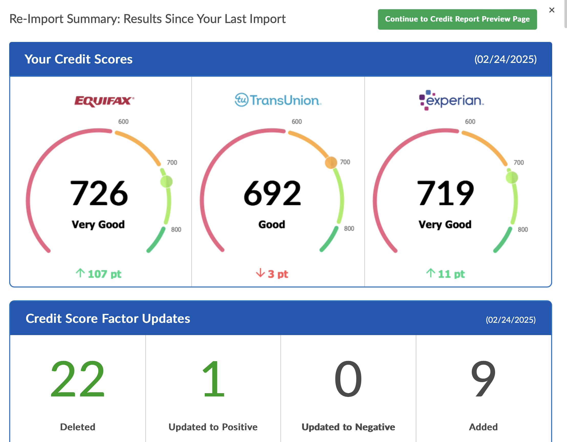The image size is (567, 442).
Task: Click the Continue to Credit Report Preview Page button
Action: pos(457,19)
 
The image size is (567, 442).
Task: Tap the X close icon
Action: pos(552,10)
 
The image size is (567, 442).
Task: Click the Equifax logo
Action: pos(104,101)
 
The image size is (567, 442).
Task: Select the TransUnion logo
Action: pos(278,100)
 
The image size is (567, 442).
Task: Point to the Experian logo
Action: pos(451,101)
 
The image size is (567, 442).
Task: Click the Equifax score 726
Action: pos(99,193)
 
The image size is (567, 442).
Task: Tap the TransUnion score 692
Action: pos(272,193)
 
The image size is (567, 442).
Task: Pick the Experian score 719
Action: pos(445,193)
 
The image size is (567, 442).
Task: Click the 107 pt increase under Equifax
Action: pos(99,274)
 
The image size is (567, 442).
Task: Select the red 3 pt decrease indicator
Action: pos(272,274)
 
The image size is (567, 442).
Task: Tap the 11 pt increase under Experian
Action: pos(445,274)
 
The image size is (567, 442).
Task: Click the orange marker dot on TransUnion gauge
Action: pos(331,163)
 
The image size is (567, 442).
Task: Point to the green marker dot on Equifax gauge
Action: pos(166,181)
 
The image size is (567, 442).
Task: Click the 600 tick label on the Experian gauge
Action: pos(470,121)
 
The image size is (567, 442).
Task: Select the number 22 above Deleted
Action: pos(78,379)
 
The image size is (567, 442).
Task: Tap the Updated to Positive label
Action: pos(213,427)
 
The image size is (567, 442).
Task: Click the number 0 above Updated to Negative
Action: pos(348,379)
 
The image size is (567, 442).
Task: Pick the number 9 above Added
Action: pos(483,379)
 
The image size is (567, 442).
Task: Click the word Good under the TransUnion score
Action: pos(272,225)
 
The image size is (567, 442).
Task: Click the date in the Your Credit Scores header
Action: pos(505,59)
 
